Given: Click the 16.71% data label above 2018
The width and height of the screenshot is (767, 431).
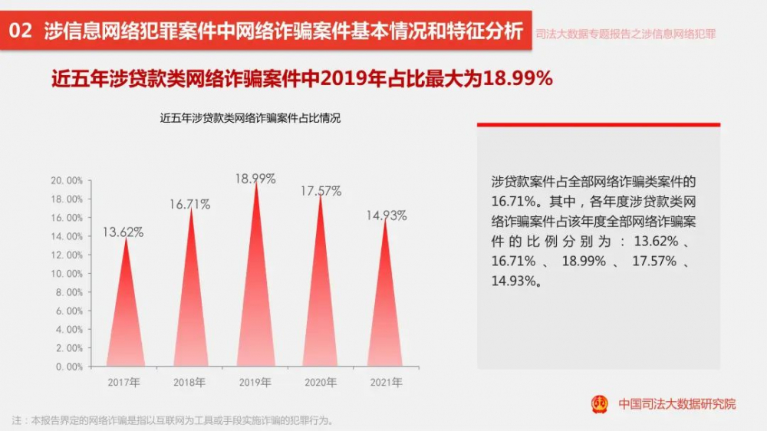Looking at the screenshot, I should [x=189, y=205].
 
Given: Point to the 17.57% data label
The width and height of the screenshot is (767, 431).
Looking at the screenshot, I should [x=321, y=190].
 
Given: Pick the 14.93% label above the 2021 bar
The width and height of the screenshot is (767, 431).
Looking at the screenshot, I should [x=386, y=215].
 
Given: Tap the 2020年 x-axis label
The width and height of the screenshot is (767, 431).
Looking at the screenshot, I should [x=321, y=382].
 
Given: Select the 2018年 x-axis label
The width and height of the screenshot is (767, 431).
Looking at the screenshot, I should [x=189, y=382].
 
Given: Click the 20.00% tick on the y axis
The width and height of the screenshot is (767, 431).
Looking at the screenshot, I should [x=66, y=181].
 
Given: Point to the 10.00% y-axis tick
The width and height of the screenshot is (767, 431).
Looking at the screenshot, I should [x=66, y=274].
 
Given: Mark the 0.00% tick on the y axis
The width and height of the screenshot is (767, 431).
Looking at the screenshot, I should [x=68, y=367].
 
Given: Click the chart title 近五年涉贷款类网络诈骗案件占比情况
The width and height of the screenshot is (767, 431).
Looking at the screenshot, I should [x=250, y=119].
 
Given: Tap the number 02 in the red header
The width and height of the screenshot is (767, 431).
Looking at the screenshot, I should [x=23, y=31].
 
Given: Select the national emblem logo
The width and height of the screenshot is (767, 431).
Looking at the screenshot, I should [x=600, y=403].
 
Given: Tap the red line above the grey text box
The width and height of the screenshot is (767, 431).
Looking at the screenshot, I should [x=598, y=124].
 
